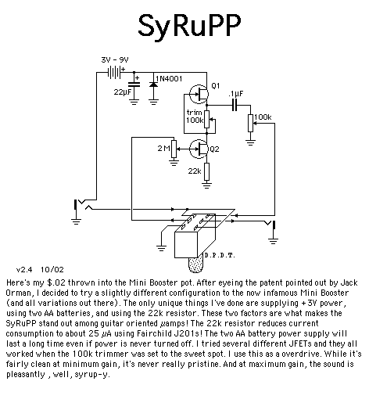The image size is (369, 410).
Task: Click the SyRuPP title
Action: pos(189,26)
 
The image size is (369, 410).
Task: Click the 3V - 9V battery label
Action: pos(115,60)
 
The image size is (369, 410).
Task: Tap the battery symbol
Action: pos(114,72)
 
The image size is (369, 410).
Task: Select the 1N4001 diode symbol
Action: pos(153,85)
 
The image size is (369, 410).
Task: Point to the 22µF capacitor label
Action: pos(122,92)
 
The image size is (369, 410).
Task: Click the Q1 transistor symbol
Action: pos(199,94)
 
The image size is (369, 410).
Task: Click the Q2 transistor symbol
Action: pos(199,149)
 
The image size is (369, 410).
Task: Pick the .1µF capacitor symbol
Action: pos(235,105)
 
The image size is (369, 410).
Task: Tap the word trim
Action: pos(194,113)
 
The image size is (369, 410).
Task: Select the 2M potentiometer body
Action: pos(174,149)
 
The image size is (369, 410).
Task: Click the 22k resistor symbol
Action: pos(206,171)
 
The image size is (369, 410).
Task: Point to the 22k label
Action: pos(195,171)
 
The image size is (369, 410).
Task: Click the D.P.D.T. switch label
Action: pos(220,255)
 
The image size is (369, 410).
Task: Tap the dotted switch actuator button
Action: pos(195,265)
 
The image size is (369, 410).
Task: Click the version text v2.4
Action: pos(24,270)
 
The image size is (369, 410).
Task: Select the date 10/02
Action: pos(52,270)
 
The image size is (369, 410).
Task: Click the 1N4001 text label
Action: pos(169,79)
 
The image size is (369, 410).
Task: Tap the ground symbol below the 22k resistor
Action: pos(206,185)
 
